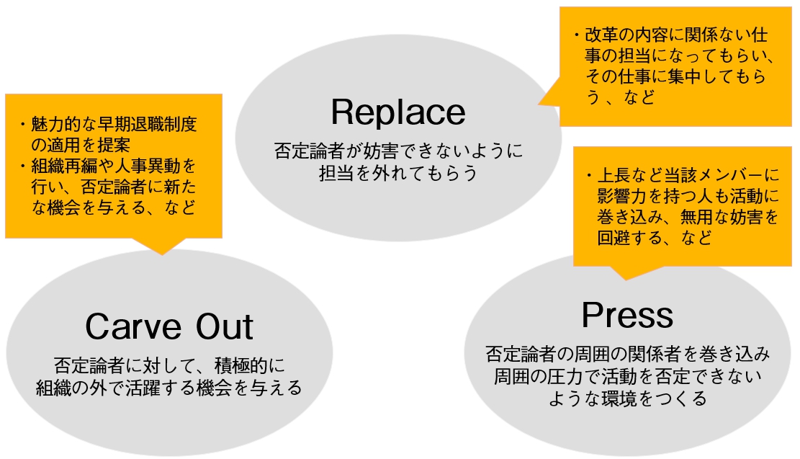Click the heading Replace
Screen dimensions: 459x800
[398, 112]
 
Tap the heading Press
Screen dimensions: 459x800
[627, 315]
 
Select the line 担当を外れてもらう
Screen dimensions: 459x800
[398, 173]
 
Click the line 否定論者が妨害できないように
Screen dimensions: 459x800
[398, 152]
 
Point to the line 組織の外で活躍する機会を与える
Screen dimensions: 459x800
[169, 388]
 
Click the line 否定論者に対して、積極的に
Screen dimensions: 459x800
[169, 365]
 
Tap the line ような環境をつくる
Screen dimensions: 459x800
[627, 398]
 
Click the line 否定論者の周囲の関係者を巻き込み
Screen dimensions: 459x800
[627, 354]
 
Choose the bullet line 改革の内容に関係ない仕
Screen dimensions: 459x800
[673, 35]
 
